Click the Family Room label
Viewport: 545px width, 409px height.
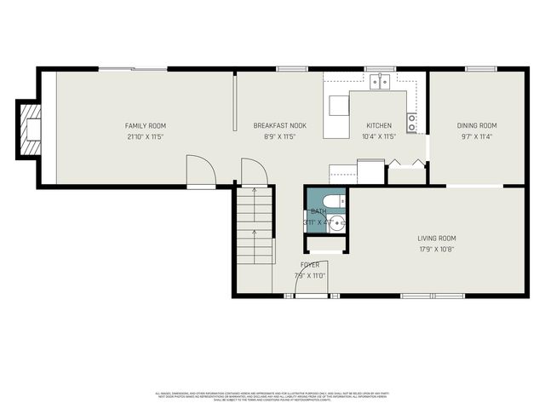(144, 126)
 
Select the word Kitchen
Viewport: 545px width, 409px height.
(379, 126)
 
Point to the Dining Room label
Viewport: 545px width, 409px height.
(475, 126)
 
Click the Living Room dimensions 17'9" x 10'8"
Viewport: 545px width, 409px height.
(437, 249)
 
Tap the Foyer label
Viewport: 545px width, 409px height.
(309, 265)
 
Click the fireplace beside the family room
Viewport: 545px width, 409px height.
(31, 130)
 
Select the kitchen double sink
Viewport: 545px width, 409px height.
(380, 82)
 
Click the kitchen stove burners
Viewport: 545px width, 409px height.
(412, 124)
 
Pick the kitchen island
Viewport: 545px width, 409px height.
(339, 105)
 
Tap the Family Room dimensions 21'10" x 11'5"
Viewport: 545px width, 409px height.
(144, 136)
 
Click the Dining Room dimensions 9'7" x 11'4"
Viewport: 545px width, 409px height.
(475, 136)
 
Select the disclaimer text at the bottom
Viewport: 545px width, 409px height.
(272, 396)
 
